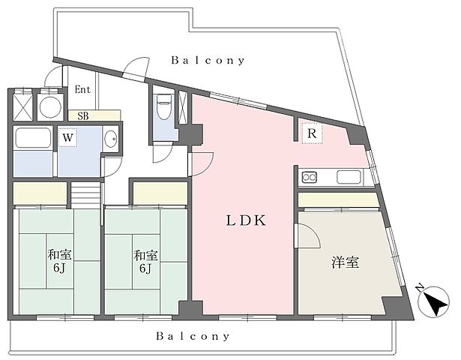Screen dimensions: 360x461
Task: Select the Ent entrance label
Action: tap(82, 89)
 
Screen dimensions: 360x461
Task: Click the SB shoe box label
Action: tap(82, 116)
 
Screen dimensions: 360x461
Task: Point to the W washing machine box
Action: tap(67, 138)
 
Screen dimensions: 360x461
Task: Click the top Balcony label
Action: tap(208, 61)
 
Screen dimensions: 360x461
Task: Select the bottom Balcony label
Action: tap(193, 337)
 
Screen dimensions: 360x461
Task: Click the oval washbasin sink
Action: tap(111, 139)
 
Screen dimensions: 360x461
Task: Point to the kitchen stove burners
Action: tap(310, 178)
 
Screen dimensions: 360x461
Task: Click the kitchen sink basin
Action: tap(349, 178)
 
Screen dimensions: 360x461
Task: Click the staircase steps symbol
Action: tap(85, 194)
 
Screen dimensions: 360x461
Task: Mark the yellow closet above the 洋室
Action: tap(338, 200)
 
